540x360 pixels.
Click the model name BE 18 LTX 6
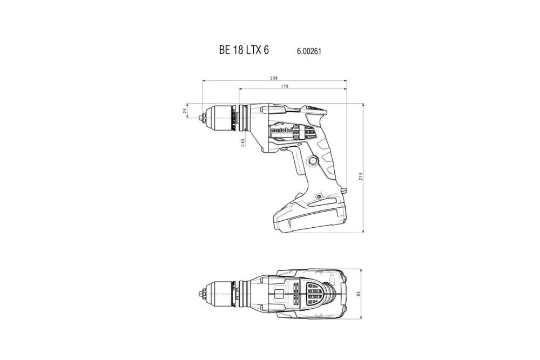pos(244,50)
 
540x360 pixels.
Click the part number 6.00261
pos(309,51)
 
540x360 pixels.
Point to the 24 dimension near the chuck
pos(185,111)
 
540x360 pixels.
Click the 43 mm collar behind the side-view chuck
pos(244,117)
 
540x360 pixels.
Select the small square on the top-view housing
pos(279,294)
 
